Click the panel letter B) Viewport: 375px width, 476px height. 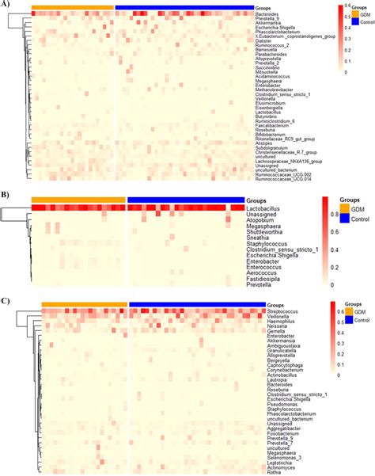tap(6, 191)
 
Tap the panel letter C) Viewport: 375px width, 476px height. tap(6, 299)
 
